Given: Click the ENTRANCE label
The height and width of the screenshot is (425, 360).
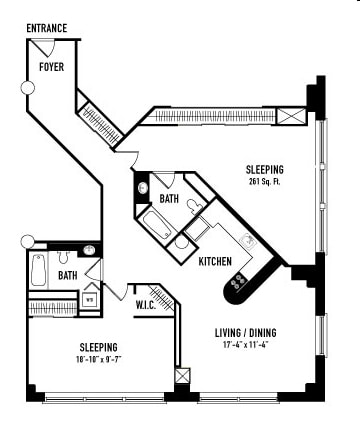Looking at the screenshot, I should coord(46,28).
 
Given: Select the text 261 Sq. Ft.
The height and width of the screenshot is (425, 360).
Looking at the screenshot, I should coord(265,183).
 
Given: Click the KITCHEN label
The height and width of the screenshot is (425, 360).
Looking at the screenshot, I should coord(215,262).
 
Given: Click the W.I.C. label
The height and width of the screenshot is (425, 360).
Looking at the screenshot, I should coord(146,305).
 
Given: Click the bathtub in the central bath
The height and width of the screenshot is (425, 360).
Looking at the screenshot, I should coord(158,222).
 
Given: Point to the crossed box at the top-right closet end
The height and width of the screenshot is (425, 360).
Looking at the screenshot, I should coord(291,117).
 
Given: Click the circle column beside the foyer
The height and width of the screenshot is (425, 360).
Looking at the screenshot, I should coord(28,88).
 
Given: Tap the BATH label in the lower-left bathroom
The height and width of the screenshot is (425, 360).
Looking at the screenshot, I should coord(67,275).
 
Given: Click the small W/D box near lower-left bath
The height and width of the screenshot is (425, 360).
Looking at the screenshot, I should coord(89,298).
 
